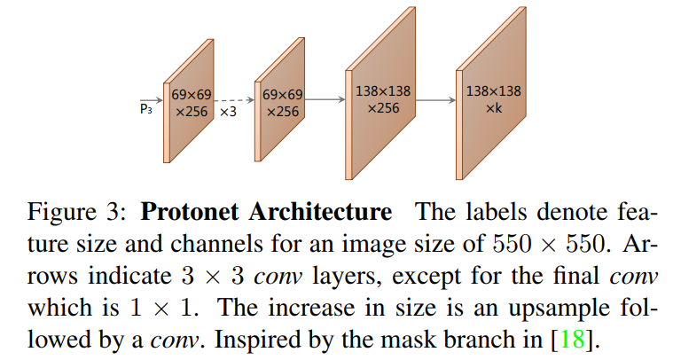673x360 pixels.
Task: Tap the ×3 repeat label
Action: click(x=228, y=113)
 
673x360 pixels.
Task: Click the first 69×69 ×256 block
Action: click(x=190, y=105)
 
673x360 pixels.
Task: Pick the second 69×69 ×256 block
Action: click(x=283, y=105)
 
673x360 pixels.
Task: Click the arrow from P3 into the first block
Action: click(x=155, y=99)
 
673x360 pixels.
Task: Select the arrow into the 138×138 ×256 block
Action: click(x=326, y=99)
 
